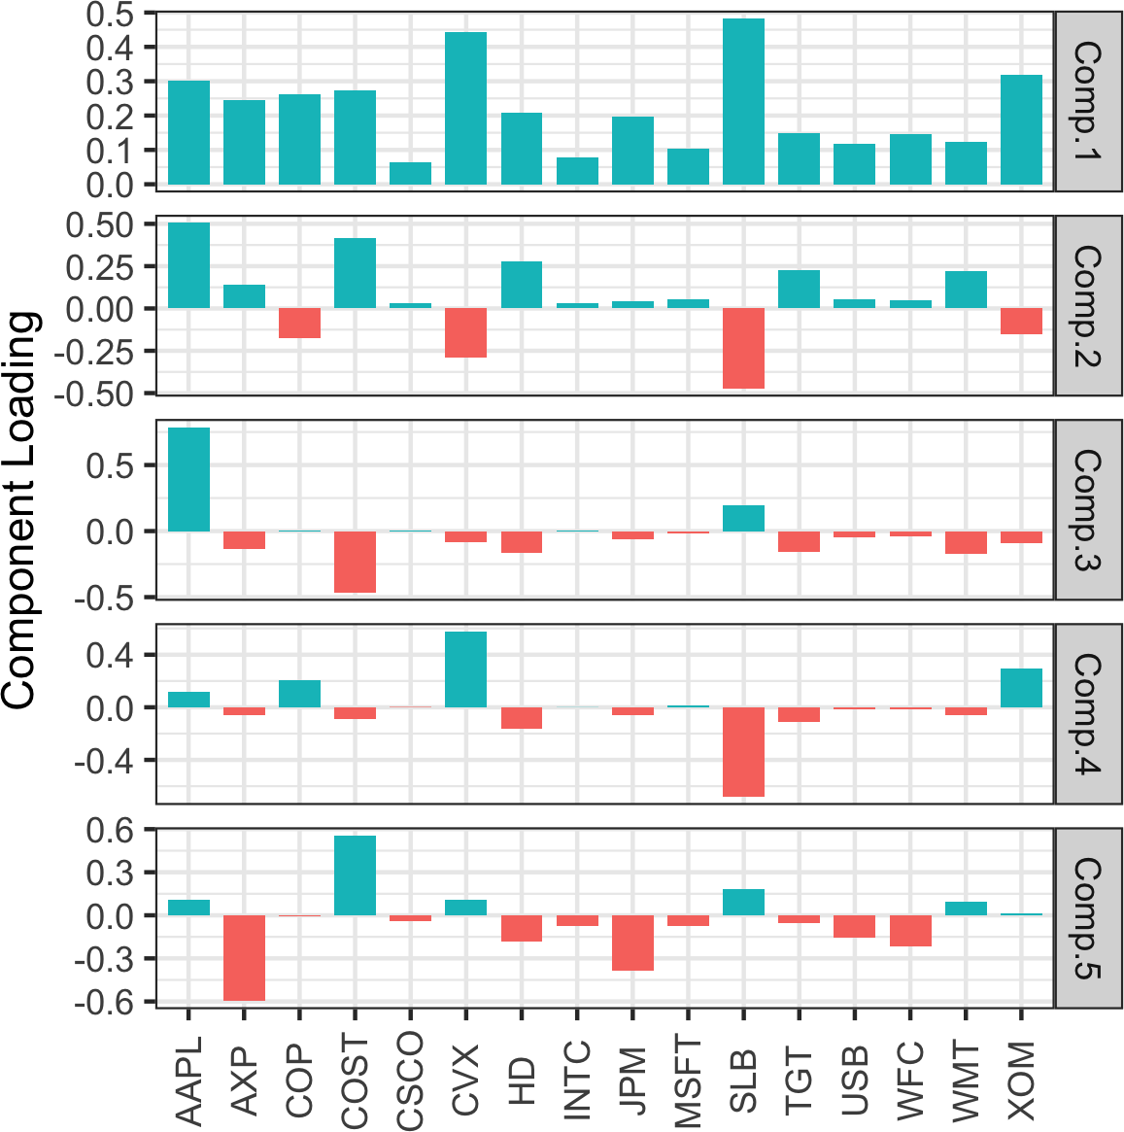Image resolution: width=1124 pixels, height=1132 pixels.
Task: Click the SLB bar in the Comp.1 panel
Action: tap(743, 101)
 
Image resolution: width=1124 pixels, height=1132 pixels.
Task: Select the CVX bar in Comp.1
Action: tap(465, 108)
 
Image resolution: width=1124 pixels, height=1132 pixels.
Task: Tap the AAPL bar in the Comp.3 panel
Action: tap(188, 479)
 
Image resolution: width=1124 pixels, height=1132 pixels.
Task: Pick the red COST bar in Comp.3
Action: tap(355, 562)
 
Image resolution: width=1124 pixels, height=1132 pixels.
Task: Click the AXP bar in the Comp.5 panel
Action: tap(244, 957)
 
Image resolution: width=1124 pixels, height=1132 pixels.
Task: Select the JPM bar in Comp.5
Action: tap(632, 943)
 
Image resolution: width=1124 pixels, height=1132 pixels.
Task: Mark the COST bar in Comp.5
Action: tap(355, 875)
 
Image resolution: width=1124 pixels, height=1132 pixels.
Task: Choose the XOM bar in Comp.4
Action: tap(1021, 688)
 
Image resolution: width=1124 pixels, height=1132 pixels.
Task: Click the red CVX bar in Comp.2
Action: tap(465, 332)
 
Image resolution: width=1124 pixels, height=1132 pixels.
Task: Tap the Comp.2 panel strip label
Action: tap(1088, 306)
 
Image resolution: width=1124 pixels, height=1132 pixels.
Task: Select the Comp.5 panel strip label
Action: tap(1088, 917)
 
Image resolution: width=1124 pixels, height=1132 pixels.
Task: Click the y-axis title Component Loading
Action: tap(19, 510)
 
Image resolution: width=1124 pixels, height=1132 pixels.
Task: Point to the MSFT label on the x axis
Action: tap(688, 1081)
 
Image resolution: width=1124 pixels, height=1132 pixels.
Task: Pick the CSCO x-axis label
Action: tap(410, 1081)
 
